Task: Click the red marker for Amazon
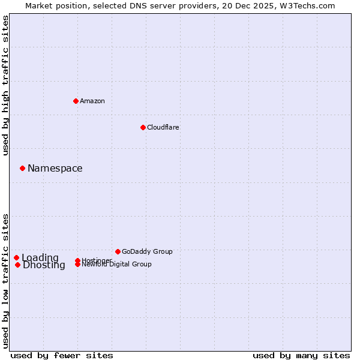click(76, 101)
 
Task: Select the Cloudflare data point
click(143, 127)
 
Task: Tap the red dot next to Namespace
click(22, 168)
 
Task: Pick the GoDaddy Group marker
click(118, 251)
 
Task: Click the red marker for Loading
click(17, 257)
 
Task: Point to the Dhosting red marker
click(18, 265)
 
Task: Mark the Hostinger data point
click(78, 260)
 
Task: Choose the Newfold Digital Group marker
click(78, 264)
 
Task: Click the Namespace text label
click(55, 169)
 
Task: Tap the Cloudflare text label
click(163, 127)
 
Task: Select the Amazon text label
click(92, 101)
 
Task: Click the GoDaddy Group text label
click(147, 251)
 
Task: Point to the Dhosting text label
click(44, 265)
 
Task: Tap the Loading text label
click(40, 258)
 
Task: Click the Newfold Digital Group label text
click(117, 265)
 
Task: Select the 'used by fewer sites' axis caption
click(62, 355)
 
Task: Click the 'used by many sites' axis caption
click(301, 355)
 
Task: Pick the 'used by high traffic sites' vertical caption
click(5, 85)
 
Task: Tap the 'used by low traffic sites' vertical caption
click(5, 280)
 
